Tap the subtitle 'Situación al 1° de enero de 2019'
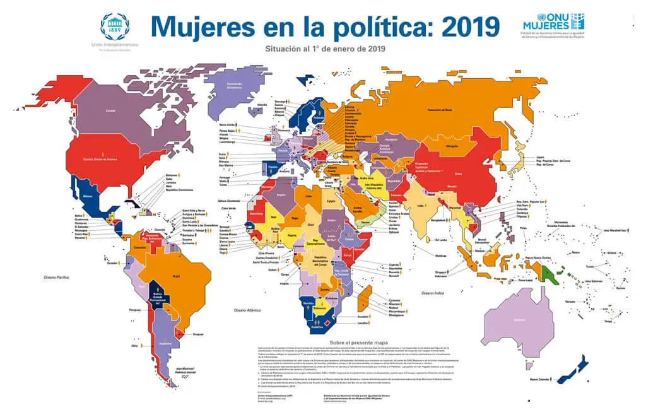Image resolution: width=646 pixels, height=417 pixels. [326, 48]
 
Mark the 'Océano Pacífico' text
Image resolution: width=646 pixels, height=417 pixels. [57, 277]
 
